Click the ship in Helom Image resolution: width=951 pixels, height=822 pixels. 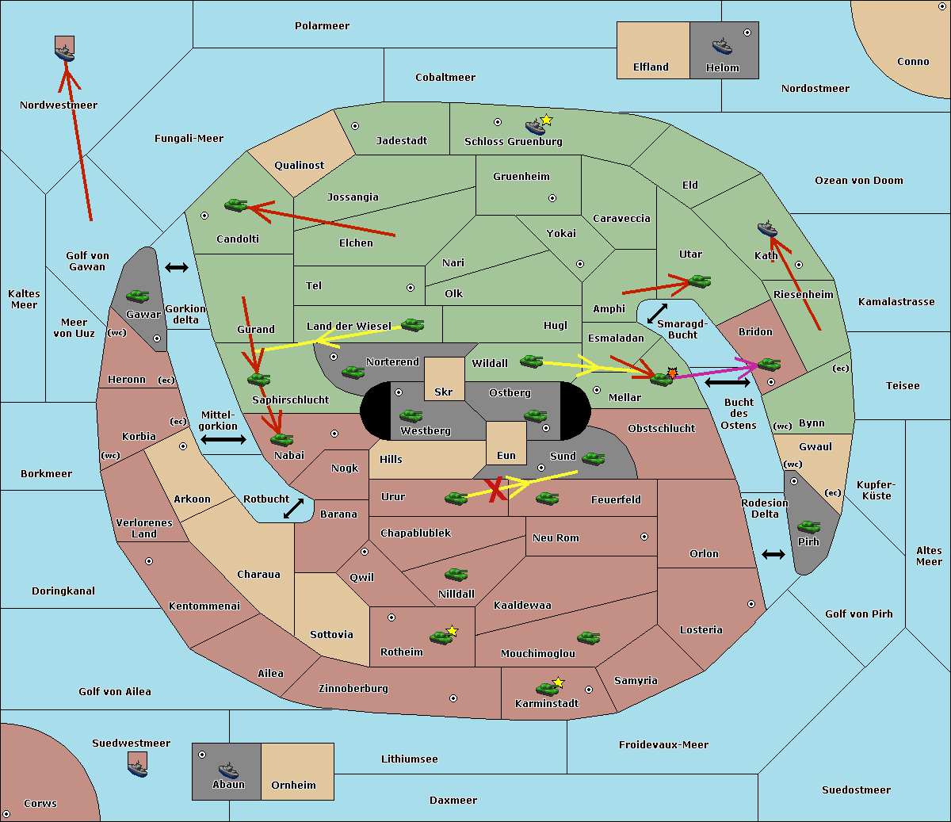[x=722, y=46]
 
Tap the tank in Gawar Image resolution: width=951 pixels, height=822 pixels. [x=137, y=296]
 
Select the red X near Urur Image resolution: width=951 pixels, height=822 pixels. [x=495, y=489]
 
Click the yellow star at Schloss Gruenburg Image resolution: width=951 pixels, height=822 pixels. [x=546, y=120]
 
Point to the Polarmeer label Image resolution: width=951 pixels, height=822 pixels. [x=322, y=26]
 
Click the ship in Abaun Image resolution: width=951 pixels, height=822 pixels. [x=228, y=770]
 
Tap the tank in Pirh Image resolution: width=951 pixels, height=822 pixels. [x=808, y=526]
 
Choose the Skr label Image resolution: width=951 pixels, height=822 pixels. [x=443, y=392]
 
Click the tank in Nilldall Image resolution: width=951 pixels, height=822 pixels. [x=456, y=575]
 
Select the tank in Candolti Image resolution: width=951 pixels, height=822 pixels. [x=235, y=205]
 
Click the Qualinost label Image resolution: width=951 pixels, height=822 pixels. [x=299, y=165]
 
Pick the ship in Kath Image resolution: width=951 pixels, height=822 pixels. [x=767, y=228]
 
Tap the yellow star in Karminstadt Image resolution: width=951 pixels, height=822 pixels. [x=558, y=682]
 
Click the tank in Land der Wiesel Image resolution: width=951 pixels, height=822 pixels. [x=412, y=325]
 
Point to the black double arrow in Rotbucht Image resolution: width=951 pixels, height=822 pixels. [x=294, y=508]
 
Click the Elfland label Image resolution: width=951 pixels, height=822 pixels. [x=651, y=67]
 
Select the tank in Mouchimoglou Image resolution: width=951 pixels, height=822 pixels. [x=589, y=638]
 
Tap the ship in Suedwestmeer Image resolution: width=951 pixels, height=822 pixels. [x=137, y=768]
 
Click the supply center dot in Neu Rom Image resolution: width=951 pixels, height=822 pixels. [x=644, y=537]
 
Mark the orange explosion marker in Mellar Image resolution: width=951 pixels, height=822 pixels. [x=672, y=373]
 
